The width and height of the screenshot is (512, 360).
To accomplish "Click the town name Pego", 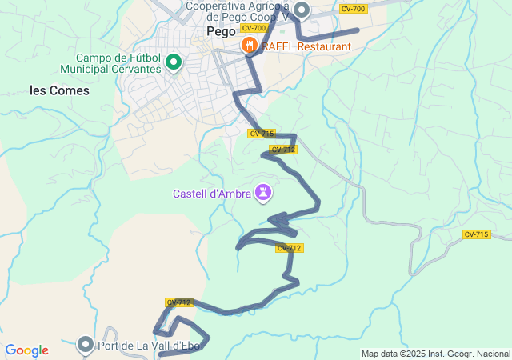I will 221,32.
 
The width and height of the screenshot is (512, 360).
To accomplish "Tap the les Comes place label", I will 60,90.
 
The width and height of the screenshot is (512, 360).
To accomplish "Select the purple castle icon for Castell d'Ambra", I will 262,193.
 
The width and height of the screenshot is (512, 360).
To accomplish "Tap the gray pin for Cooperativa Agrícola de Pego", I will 302,10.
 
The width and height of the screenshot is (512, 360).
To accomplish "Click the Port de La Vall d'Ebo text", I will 153,346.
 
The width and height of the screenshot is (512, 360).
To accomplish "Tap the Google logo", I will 26,350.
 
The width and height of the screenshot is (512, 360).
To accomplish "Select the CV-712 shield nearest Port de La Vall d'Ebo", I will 179,302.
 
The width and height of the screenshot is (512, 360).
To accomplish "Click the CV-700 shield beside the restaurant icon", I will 253,28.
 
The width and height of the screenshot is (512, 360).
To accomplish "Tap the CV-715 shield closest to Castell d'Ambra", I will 262,134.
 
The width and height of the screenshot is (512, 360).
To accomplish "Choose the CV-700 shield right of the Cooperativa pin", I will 353,9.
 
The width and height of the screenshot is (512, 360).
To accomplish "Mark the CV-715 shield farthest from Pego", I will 476,234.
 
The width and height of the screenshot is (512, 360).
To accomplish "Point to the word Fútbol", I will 141,58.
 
